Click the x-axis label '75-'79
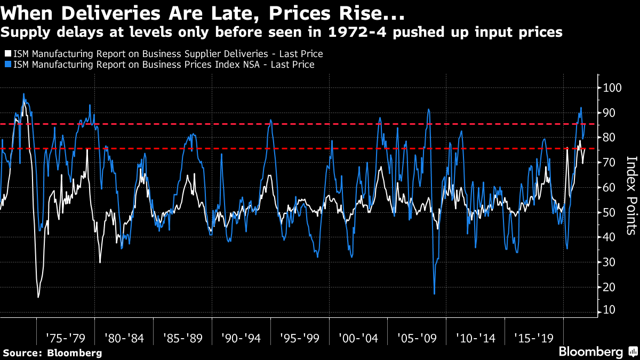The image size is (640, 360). tap(65, 338)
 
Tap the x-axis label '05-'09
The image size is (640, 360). tap(417, 338)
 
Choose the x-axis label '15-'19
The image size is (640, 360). tap(534, 338)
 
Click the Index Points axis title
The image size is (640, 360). tap(631, 195)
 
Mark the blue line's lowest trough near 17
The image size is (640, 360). tap(434, 293)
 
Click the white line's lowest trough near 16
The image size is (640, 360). tap(38, 297)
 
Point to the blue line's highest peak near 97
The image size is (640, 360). tap(23, 94)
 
